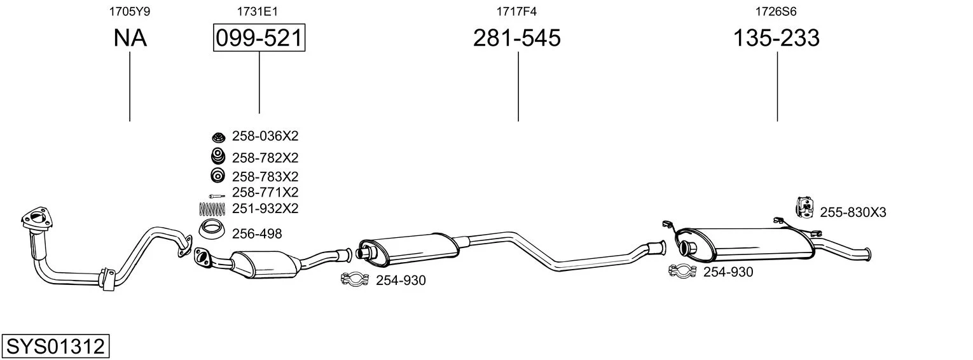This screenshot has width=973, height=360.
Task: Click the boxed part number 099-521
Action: [259, 38]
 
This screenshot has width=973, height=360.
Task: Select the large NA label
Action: [130, 38]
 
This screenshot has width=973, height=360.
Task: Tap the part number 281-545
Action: [517, 38]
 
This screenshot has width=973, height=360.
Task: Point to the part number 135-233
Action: [776, 38]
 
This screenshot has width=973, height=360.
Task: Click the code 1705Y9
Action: [130, 11]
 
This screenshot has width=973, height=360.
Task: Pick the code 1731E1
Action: [257, 11]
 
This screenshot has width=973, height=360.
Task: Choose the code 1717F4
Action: [516, 11]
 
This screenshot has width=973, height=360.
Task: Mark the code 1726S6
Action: [776, 11]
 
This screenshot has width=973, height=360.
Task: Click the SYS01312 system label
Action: [55, 347]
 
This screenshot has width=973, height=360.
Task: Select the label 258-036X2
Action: [265, 136]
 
